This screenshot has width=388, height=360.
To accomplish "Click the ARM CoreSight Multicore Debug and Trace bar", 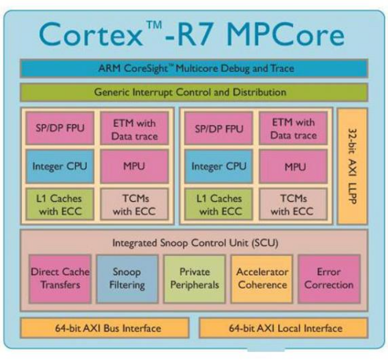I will coord(194,69).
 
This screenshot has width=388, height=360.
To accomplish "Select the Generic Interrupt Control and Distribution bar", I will coord(194,92).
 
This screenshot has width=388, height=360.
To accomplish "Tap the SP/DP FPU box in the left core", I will coord(60,128).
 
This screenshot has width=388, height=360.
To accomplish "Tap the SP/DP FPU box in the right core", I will coord(219,128).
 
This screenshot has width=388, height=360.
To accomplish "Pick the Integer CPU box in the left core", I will coord(60,166).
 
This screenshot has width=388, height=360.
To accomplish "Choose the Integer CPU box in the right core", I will coord(219,166).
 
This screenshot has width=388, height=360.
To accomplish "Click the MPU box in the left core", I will coord(134,166).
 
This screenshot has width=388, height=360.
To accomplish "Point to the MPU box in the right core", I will coord(294,166).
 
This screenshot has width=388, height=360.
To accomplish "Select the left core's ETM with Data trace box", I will coord(134,129).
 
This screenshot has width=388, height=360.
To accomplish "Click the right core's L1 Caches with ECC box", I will coord(219,205).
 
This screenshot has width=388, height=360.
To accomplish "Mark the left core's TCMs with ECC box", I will coord(134,205).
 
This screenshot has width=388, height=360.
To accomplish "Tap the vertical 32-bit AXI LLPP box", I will coord(352,166).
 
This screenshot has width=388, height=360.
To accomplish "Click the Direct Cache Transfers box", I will coord(60,278).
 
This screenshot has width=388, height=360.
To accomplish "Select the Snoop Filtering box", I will coord(127,278).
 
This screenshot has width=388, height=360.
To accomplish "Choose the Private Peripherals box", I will coord(194,278).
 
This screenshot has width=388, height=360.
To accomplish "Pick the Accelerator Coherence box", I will coord(262,278).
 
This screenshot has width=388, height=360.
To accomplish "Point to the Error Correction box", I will coord(329,278).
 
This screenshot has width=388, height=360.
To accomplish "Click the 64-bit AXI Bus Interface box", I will coord(105,328).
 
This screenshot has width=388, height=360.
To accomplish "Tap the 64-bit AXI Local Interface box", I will coord(283,328).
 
